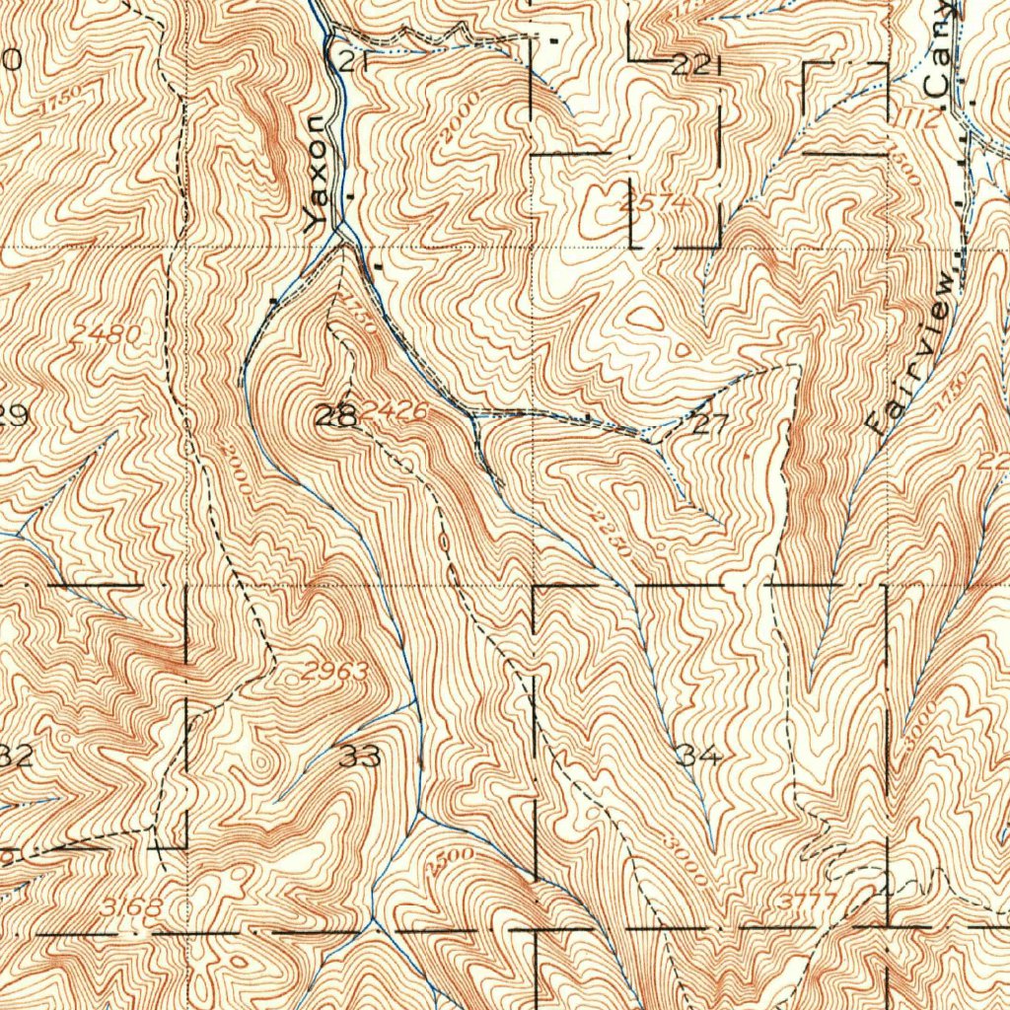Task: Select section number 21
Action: (351, 62)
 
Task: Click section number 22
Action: (692, 66)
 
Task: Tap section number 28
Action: (333, 417)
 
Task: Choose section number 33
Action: (361, 757)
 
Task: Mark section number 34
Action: (698, 756)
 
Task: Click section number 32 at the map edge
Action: (16, 757)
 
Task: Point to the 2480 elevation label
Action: (107, 335)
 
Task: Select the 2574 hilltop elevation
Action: (651, 203)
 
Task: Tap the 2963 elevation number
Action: (335, 673)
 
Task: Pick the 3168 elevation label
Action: (130, 905)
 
